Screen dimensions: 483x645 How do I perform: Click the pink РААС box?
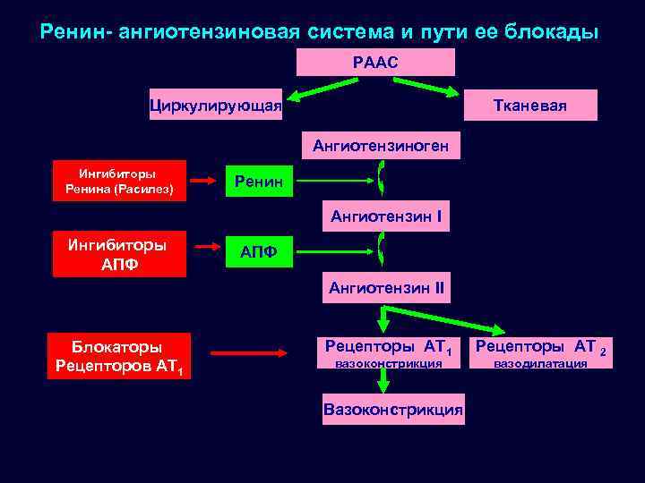(375, 62)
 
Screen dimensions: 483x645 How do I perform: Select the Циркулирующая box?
(216, 106)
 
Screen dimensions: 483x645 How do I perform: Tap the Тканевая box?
(530, 106)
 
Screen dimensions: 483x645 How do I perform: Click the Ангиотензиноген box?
(381, 145)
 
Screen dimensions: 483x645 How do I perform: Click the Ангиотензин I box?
(385, 216)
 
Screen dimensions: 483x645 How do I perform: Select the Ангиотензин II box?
(386, 288)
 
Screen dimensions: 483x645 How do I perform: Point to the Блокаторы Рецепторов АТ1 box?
(118, 356)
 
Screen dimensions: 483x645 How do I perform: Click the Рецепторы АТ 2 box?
(540, 352)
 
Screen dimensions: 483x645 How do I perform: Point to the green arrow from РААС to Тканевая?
(425, 87)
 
